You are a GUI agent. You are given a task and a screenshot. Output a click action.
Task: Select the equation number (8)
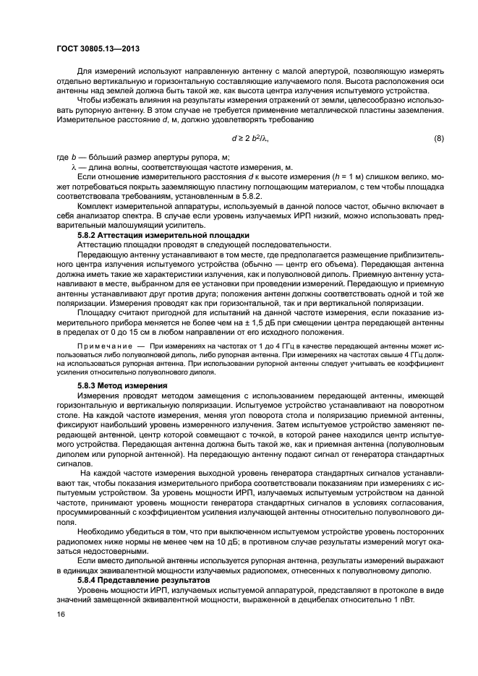(438, 137)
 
